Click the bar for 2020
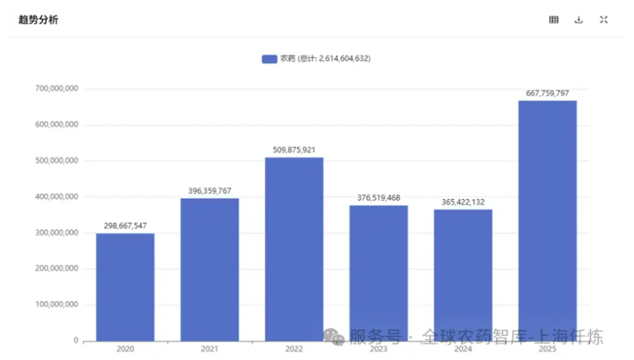pyautogui.click(x=125, y=287)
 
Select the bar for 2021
pyautogui.click(x=210, y=269)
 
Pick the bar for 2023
pyautogui.click(x=379, y=273)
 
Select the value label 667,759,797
pyautogui.click(x=548, y=94)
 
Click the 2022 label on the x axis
pyautogui.click(x=294, y=349)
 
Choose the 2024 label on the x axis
pyautogui.click(x=464, y=349)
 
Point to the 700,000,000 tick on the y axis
pyautogui.click(x=57, y=89)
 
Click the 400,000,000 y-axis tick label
pyautogui.click(x=57, y=197)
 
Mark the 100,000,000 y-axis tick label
pyautogui.click(x=57, y=305)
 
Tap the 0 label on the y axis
pyautogui.click(x=75, y=340)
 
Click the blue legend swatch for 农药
pyautogui.click(x=269, y=59)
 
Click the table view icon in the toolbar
pyautogui.click(x=554, y=20)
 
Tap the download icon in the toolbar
pyautogui.click(x=579, y=20)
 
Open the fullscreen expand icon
pyautogui.click(x=604, y=20)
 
